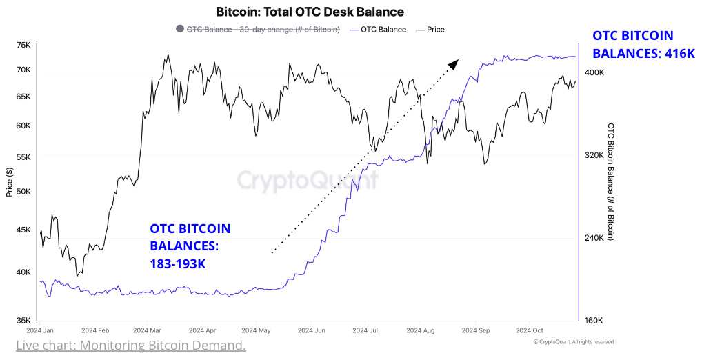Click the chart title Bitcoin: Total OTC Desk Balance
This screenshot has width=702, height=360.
pyautogui.click(x=310, y=12)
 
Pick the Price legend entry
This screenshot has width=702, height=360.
pyautogui.click(x=435, y=30)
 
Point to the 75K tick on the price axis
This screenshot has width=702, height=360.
pyautogui.click(x=23, y=46)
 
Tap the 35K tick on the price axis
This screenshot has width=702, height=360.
pyautogui.click(x=23, y=321)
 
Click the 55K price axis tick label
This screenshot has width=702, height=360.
pyautogui.click(x=23, y=158)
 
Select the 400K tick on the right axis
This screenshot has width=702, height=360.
pyautogui.click(x=594, y=73)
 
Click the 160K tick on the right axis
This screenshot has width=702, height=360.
pyautogui.click(x=594, y=321)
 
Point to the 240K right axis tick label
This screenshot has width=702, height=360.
pyautogui.click(x=594, y=239)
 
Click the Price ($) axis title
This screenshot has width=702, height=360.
pyautogui.click(x=9, y=182)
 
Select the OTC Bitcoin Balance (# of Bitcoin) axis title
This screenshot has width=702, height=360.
pyautogui.click(x=610, y=182)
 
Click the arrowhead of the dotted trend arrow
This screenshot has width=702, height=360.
pyautogui.click(x=453, y=63)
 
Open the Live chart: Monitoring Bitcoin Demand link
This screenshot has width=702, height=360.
pyautogui.click(x=130, y=346)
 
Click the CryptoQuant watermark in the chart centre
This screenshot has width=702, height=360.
pyautogui.click(x=308, y=181)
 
